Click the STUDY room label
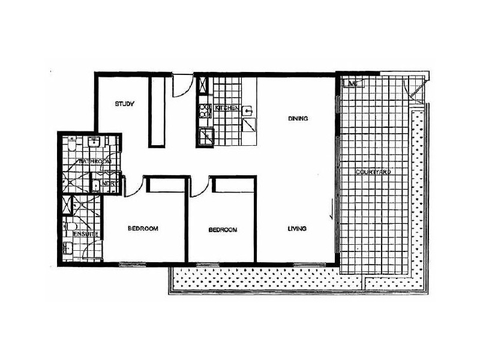pos(124,104)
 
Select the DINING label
pos(298,119)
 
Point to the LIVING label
pos(297,229)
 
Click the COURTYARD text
pos(373,172)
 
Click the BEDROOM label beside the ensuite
pos(143,229)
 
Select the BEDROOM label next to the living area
pos(223,230)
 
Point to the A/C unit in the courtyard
pos(352,83)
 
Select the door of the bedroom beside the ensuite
pos(133,186)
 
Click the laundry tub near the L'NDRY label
pos(98,186)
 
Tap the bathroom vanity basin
pos(93,143)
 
